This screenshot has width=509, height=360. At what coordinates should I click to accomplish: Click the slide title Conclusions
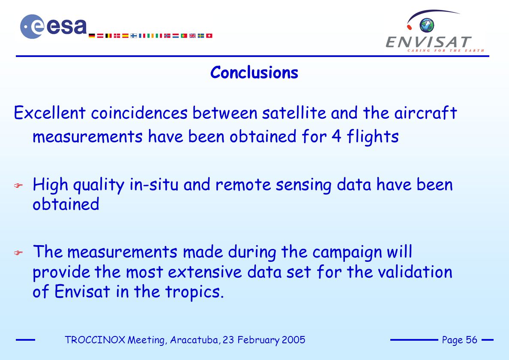[254, 72]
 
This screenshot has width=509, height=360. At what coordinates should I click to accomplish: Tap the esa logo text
[66, 26]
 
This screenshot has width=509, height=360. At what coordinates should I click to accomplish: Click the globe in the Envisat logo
[427, 25]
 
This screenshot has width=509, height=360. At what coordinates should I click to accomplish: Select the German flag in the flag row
[92, 36]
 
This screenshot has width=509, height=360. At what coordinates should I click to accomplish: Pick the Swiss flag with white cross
[210, 36]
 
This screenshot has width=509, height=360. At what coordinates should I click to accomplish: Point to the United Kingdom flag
[192, 36]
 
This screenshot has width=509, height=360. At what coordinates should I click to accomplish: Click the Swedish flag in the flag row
[201, 36]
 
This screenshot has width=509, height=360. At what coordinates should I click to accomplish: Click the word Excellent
[50, 113]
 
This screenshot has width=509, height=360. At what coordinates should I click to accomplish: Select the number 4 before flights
[336, 136]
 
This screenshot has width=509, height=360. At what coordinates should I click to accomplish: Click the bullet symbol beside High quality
[18, 186]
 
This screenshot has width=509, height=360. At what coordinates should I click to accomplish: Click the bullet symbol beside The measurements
[18, 253]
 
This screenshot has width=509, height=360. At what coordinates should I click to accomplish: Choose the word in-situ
[154, 185]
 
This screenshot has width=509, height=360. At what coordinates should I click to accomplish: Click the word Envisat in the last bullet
[82, 291]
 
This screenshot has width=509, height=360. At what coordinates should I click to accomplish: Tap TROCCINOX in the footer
[95, 340]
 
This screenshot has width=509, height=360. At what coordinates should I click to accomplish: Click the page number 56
[471, 340]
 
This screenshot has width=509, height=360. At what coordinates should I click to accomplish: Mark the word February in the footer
[258, 340]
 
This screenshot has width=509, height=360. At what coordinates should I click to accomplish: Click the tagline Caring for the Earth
[446, 51]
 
